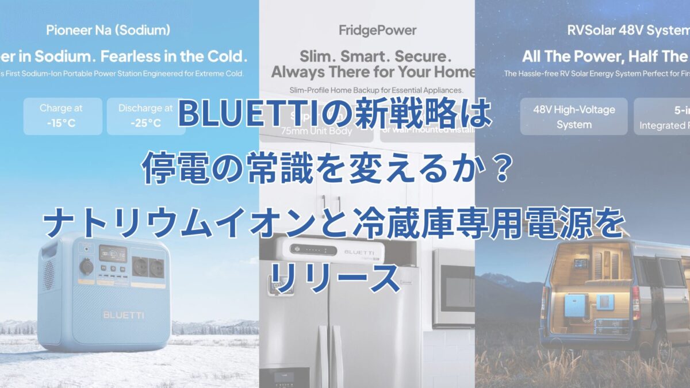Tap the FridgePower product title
(x=366, y=30)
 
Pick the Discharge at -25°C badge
(x=145, y=116)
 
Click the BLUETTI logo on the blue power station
(x=123, y=315)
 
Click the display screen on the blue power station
(x=113, y=253)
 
